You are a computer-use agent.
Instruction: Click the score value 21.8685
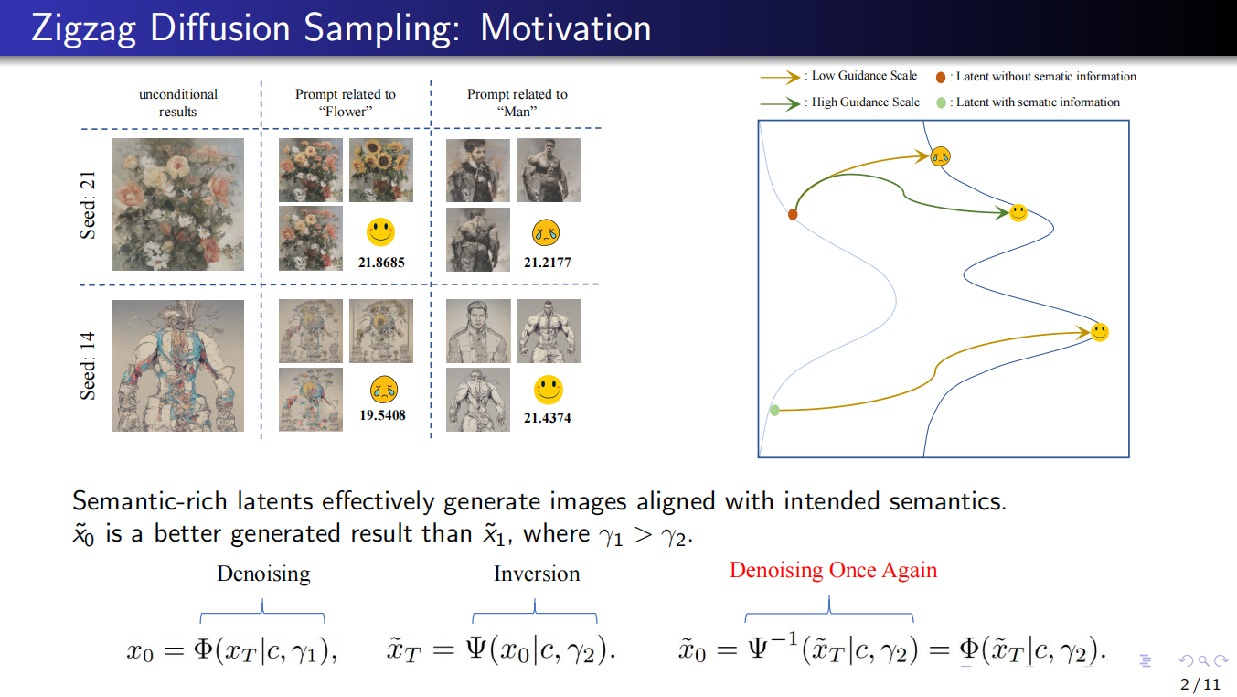[x=380, y=263]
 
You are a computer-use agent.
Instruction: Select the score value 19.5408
[x=381, y=415]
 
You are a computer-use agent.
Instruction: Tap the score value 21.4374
[x=548, y=418]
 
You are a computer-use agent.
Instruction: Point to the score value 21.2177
[x=548, y=263]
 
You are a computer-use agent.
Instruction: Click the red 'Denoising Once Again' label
[x=833, y=571]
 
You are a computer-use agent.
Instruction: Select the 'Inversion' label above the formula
[x=537, y=574]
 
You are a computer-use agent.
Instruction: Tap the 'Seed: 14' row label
[x=89, y=366]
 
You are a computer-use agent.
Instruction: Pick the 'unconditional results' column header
[x=178, y=102]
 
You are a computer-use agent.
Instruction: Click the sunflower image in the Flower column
[x=381, y=170]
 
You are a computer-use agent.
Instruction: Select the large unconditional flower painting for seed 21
[x=178, y=204]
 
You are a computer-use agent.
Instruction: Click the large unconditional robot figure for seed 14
[x=178, y=366]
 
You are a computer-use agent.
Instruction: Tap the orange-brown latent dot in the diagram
[x=793, y=214]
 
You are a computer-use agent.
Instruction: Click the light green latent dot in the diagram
[x=774, y=411]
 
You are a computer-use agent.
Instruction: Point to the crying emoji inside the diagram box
[x=941, y=156]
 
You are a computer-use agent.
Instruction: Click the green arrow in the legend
[x=779, y=103]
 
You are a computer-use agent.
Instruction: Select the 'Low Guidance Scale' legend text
[x=864, y=76]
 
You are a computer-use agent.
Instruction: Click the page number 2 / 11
[x=1200, y=683]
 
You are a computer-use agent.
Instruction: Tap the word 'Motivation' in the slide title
[x=565, y=28]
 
